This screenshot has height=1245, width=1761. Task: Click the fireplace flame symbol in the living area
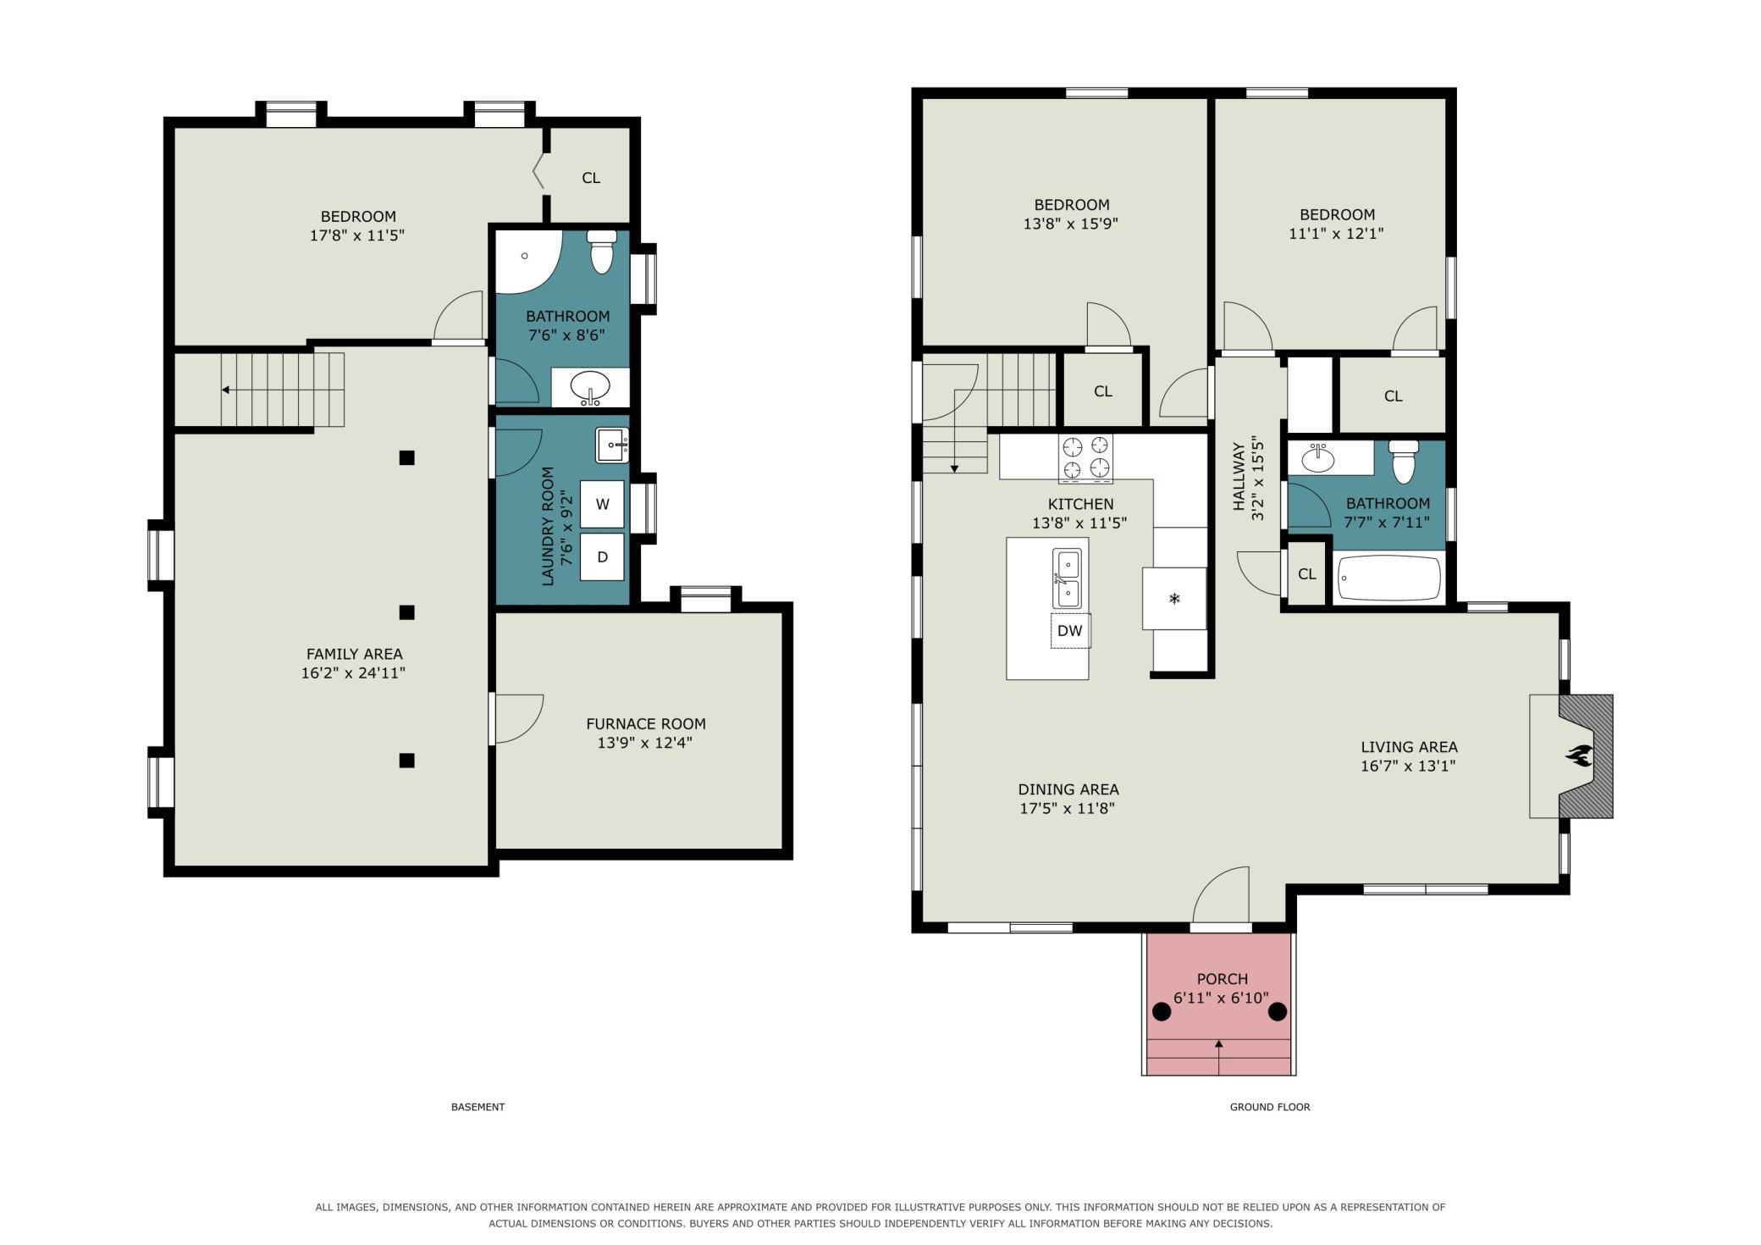pos(1580,755)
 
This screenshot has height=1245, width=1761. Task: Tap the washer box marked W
pos(602,504)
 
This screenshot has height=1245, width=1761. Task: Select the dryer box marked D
pos(602,557)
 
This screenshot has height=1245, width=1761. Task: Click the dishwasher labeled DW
pos(1070,630)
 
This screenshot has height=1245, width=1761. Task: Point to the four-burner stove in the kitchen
pos(1085,457)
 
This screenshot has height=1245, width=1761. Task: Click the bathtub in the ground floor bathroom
pos(1389,578)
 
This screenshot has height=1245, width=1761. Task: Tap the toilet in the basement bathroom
pos(602,252)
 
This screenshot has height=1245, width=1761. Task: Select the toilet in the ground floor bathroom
pos(1404,462)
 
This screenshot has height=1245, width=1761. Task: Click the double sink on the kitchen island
pos(1067,578)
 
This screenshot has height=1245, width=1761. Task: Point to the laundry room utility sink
pos(612,445)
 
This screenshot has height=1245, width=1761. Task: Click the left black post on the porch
pos(1162,1011)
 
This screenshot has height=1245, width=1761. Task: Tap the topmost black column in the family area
pos(407,458)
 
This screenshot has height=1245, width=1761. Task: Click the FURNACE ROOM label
pos(646,724)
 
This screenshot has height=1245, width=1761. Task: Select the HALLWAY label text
pos(1239,477)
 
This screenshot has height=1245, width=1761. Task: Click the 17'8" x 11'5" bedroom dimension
pos(357,235)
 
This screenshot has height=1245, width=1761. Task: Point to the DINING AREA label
pos(1068,789)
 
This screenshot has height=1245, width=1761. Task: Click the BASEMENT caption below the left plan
pos(478,1107)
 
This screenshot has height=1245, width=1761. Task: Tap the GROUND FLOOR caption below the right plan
pos(1270,1107)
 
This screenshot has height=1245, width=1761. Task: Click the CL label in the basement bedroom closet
pos(591,178)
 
